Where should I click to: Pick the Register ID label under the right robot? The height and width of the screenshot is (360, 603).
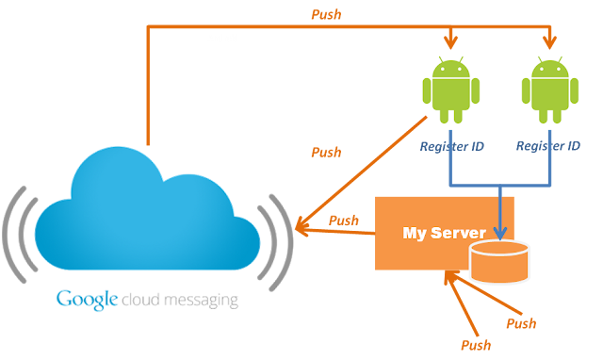point(549,146)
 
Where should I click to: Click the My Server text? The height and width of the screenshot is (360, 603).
point(443,232)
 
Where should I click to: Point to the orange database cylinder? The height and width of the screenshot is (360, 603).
point(498,262)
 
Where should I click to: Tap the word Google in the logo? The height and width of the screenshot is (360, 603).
point(87,300)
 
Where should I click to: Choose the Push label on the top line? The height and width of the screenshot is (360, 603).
point(325,15)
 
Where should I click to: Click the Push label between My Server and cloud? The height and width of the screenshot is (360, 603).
point(343,221)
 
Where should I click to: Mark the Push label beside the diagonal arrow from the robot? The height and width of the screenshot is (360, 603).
point(326,152)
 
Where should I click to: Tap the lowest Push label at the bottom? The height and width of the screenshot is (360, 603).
point(475,345)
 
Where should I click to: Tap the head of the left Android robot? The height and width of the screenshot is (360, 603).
point(451,69)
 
